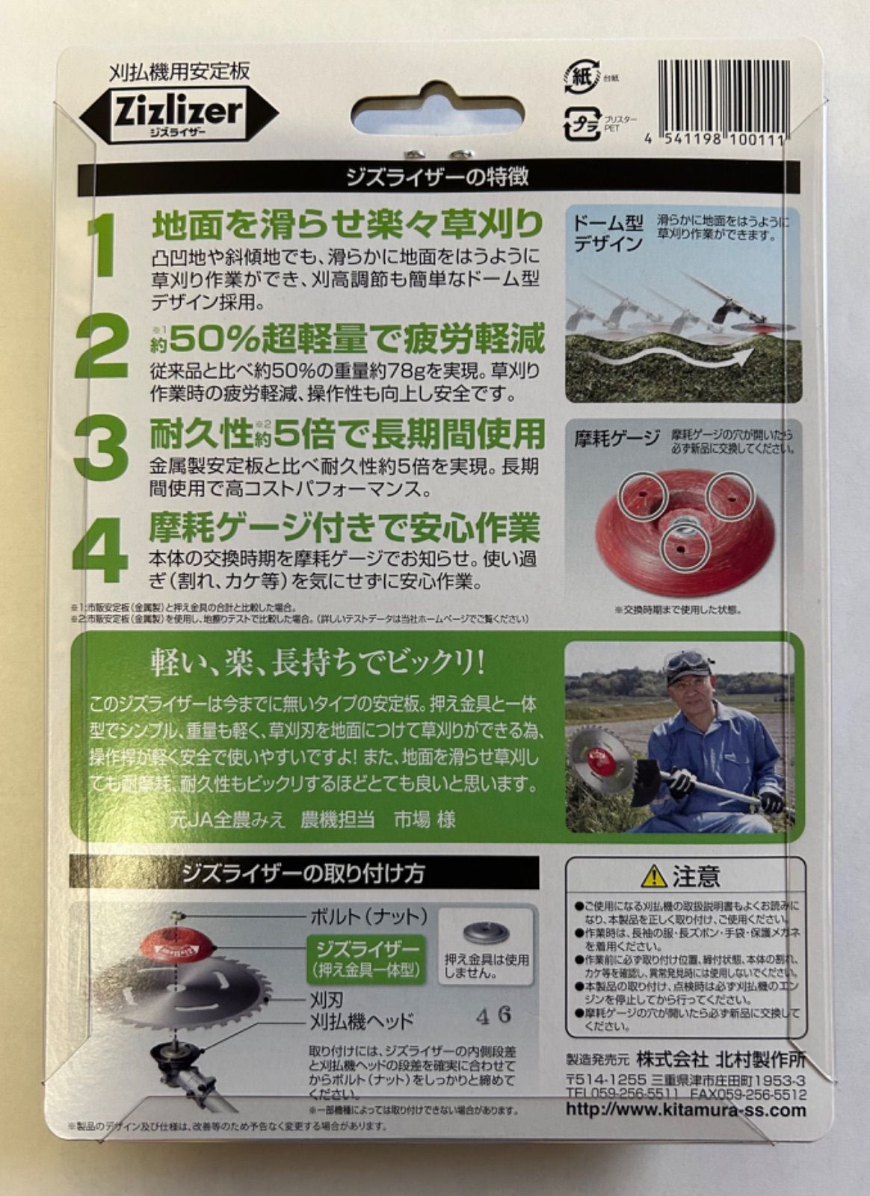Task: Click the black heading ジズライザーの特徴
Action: (438, 178)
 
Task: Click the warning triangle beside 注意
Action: (655, 874)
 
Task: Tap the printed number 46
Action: (493, 1015)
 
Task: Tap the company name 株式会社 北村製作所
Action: (721, 1059)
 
